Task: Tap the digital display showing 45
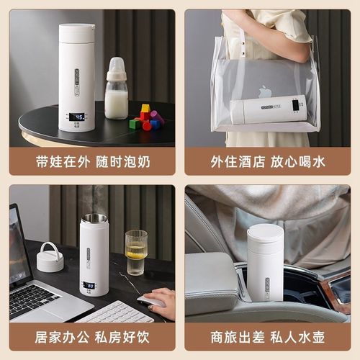tap(76, 116)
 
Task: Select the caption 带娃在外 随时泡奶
tap(92, 161)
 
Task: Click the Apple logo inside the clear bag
tap(265, 91)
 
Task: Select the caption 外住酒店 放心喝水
tap(268, 161)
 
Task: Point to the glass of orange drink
tap(135, 253)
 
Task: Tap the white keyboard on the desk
tap(115, 312)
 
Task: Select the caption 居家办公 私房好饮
tap(92, 337)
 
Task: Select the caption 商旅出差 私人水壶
tap(268, 337)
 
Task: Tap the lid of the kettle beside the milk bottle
tap(76, 32)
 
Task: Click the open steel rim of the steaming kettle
tap(94, 218)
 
